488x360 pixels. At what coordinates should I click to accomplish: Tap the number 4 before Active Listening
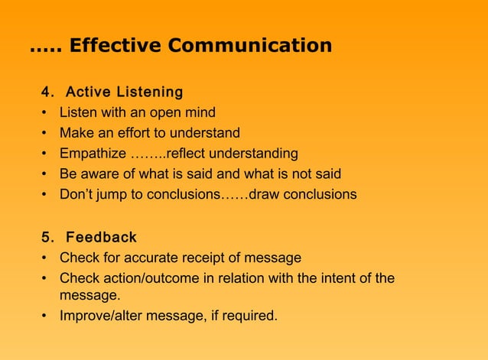click(46, 92)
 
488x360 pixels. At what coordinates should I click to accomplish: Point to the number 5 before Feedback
click(46, 236)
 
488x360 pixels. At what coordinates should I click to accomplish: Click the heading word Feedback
click(101, 236)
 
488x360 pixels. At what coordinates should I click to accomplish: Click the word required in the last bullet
click(250, 314)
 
